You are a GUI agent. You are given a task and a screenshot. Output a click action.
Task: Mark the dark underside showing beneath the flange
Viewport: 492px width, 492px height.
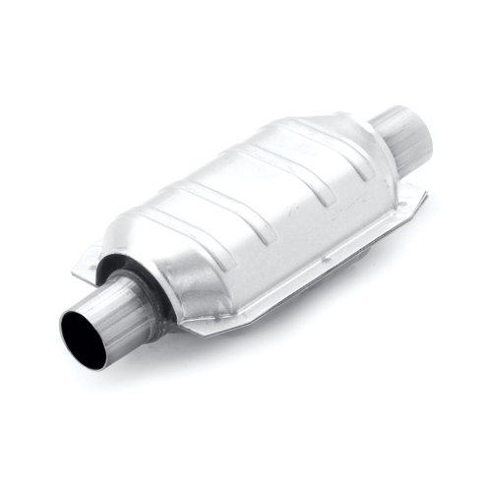(x=295, y=285)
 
